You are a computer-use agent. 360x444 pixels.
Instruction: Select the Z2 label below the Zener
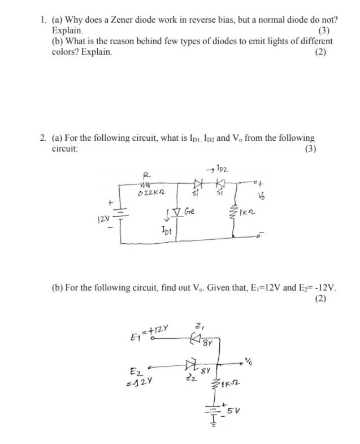[x=188, y=378]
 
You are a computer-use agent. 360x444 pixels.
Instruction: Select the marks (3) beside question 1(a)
[x=324, y=31]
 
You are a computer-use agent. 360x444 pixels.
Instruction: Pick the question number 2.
[x=43, y=137]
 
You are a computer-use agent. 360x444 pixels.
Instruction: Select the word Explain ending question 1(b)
[x=96, y=52]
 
